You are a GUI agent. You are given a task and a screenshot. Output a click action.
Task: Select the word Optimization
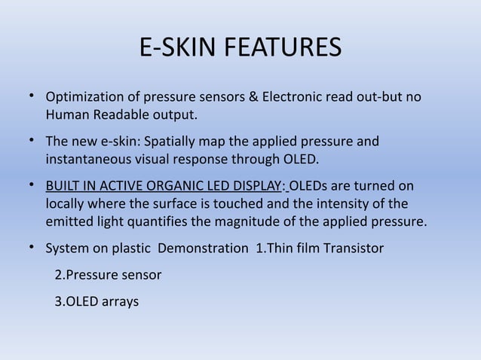84,99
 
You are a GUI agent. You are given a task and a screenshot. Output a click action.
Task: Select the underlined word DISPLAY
253,186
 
